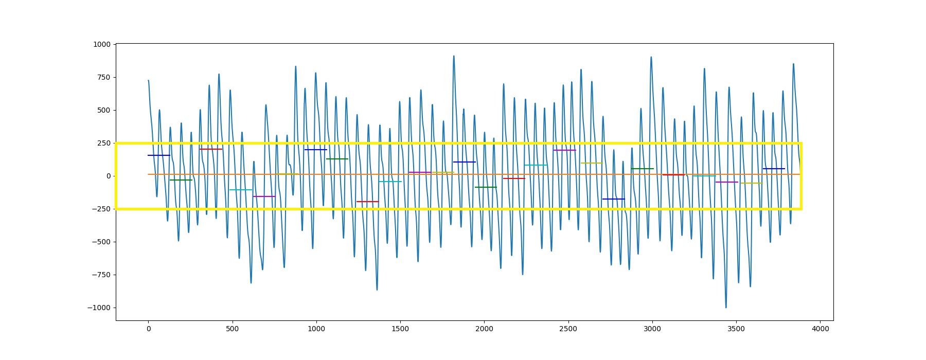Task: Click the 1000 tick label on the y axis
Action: (101, 45)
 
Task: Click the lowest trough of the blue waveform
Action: (726, 307)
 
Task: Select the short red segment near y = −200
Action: (367, 202)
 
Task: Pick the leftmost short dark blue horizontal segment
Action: (158, 155)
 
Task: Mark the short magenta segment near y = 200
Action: (564, 150)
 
